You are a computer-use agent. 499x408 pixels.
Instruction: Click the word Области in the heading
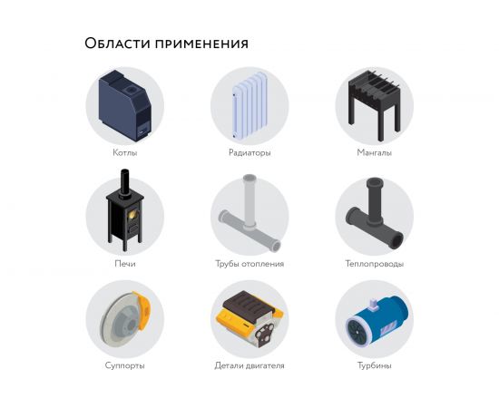(114, 44)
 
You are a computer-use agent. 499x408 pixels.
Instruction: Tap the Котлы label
(124, 152)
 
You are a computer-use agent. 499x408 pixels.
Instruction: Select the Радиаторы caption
(249, 152)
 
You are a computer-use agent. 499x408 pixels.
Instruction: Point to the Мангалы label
(374, 152)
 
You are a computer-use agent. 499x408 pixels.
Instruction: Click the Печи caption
(124, 264)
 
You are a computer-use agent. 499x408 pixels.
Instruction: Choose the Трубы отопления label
(249, 264)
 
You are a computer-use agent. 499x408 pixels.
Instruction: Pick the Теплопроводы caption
(374, 264)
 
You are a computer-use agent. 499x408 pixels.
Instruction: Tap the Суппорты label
(124, 365)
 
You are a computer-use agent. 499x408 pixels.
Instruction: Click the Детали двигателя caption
(249, 365)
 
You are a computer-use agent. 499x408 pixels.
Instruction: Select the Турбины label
(374, 365)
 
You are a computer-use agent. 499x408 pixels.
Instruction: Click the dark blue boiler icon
(122, 104)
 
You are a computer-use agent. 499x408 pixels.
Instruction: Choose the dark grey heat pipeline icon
(374, 218)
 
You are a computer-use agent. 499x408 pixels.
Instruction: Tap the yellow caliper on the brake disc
(140, 309)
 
